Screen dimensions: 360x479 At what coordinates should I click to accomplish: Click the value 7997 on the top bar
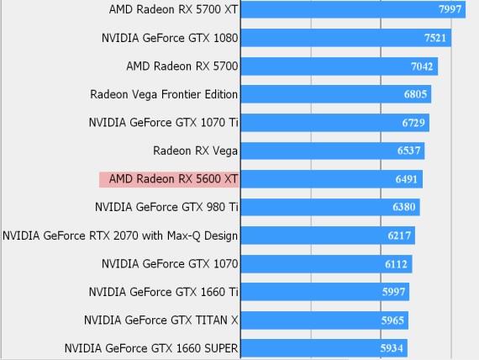tap(450, 10)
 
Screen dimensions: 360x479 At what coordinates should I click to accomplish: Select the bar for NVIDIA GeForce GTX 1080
tap(345, 38)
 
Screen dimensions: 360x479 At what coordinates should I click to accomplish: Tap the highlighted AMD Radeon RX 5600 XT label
tap(169, 179)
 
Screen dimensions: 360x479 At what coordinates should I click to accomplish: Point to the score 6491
tap(408, 179)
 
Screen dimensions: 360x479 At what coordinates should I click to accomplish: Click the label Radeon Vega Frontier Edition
tap(164, 94)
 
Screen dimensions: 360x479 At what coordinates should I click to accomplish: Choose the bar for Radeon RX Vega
tap(332, 151)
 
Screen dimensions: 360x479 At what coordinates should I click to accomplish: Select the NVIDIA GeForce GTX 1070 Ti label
tap(164, 123)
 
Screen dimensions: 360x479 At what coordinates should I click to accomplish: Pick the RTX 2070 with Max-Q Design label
tap(121, 236)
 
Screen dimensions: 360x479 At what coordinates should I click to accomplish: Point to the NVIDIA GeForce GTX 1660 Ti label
tap(164, 292)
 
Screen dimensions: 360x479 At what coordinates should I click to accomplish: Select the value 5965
tap(393, 320)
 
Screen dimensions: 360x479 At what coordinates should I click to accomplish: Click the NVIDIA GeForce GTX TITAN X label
tap(161, 320)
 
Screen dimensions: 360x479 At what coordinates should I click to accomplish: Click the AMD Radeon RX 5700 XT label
tap(174, 10)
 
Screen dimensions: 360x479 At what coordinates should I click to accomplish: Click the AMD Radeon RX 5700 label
tap(182, 66)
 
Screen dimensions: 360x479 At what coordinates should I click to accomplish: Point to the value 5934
tap(392, 348)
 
